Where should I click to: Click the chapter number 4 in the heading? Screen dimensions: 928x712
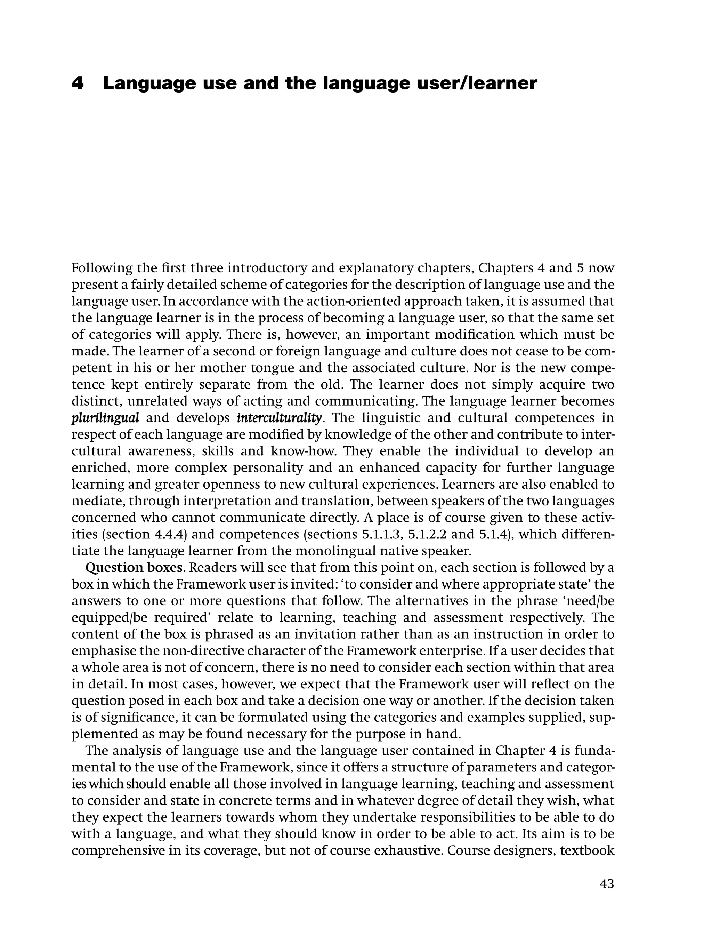click(78, 83)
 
